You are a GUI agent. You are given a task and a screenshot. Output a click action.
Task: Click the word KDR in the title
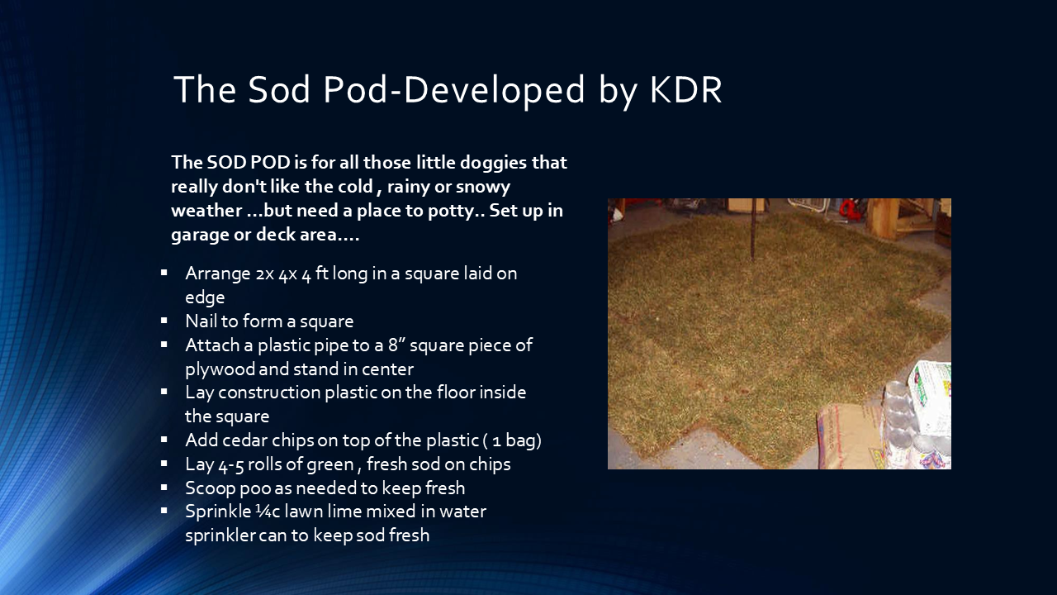(685, 89)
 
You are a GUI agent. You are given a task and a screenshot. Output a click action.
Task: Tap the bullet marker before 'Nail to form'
(164, 320)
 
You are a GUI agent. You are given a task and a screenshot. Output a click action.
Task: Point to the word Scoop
(210, 488)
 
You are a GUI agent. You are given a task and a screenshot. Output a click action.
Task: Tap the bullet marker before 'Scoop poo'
(164, 488)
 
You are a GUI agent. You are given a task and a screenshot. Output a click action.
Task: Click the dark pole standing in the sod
(754, 223)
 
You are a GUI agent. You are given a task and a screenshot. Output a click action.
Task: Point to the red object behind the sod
(851, 209)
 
